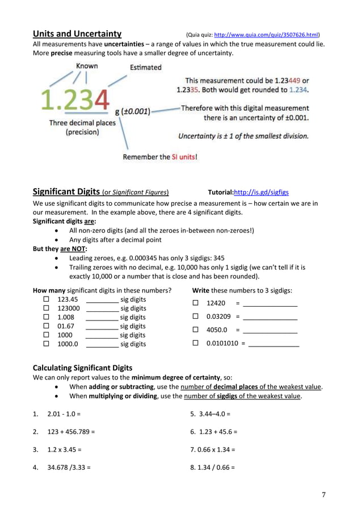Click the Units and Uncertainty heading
(77, 34)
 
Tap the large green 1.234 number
(75, 101)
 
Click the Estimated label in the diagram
(145, 68)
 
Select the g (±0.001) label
(132, 111)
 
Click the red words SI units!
(184, 157)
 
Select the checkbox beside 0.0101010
(196, 343)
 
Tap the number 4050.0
(217, 330)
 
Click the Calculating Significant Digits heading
(83, 368)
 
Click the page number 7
(324, 495)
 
